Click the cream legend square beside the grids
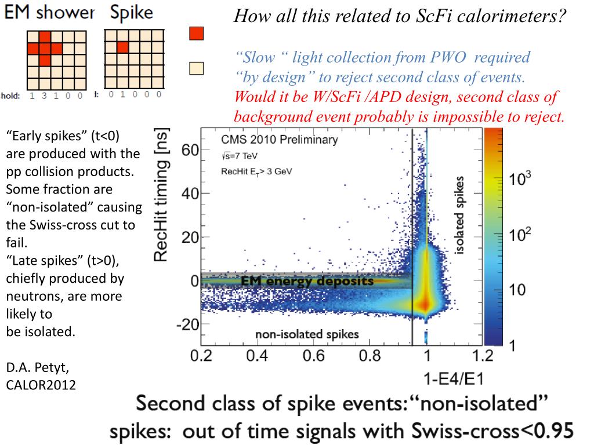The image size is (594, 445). [x=197, y=69]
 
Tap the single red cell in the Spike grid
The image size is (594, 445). [x=122, y=47]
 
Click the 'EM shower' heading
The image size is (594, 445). [x=49, y=13]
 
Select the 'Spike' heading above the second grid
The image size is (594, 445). [x=132, y=13]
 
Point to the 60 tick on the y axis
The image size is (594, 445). [x=191, y=151]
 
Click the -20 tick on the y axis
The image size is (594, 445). [x=187, y=325]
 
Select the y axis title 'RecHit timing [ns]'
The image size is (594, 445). [x=165, y=195]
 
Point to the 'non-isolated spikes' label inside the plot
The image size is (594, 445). [x=307, y=334]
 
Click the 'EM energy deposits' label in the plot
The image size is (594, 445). [x=307, y=281]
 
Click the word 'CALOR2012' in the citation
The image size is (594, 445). [x=41, y=384]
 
